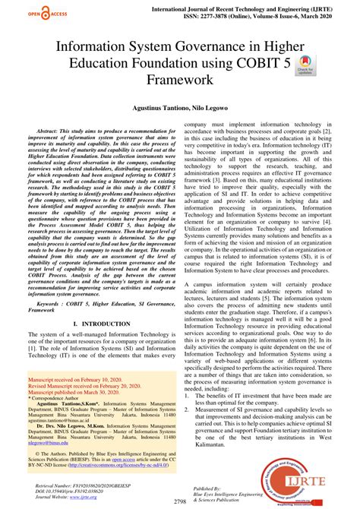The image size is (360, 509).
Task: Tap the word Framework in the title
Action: click(179, 79)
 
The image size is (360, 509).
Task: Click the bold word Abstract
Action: click(47, 131)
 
